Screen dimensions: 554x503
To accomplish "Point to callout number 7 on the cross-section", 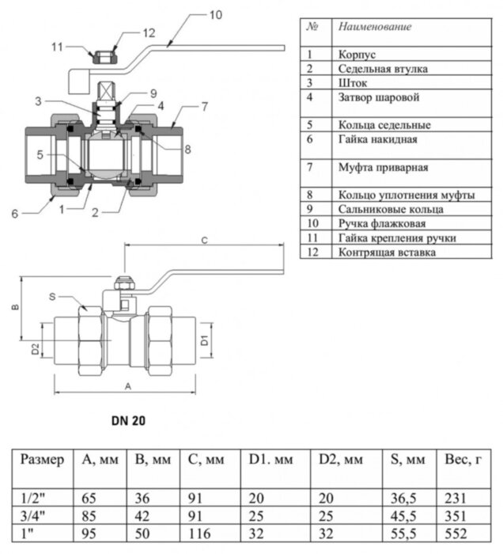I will coord(204,105).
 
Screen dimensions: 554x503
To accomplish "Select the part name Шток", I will coord(351,82).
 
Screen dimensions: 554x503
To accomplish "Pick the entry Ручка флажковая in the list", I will coord(384,223).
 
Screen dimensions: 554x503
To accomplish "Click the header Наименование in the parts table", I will coord(375,27).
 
